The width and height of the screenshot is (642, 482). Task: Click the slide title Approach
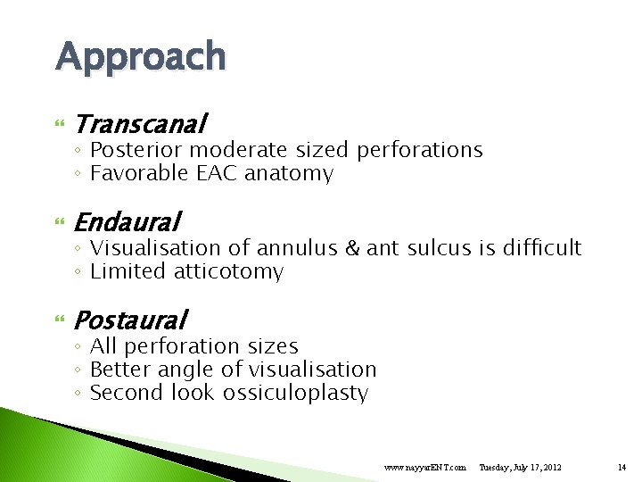tap(141, 57)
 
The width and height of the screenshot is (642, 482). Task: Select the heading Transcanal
tap(141, 122)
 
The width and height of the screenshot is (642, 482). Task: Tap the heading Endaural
tap(128, 220)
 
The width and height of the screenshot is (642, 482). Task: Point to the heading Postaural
tap(131, 319)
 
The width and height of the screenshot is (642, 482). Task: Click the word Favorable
tap(139, 174)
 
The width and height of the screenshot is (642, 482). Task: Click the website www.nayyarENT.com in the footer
tap(424, 467)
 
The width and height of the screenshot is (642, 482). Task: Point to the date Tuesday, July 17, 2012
tap(520, 467)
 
